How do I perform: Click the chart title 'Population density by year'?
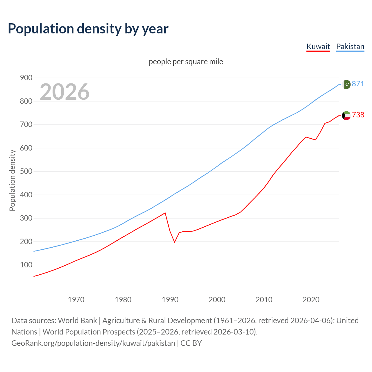point(88,29)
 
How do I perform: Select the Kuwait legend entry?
point(318,46)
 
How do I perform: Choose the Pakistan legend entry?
point(350,46)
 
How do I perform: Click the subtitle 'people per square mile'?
point(186,62)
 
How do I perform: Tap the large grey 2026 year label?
point(65,92)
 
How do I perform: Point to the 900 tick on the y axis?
point(26,78)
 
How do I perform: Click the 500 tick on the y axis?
point(26,171)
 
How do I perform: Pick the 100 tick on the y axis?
point(26,265)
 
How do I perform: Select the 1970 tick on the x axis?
point(76,299)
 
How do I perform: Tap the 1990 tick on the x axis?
point(170,299)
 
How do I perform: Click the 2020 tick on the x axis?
point(311,299)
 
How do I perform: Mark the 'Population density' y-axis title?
point(12,180)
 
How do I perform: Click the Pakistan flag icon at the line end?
point(346,84)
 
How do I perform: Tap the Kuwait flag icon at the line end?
point(346,115)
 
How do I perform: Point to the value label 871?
point(358,84)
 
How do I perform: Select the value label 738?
point(358,115)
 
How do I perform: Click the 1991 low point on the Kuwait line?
point(175,242)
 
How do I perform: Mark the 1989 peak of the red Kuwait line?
point(165,213)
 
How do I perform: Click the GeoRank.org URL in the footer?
point(93,343)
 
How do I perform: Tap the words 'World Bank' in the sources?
point(77,320)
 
